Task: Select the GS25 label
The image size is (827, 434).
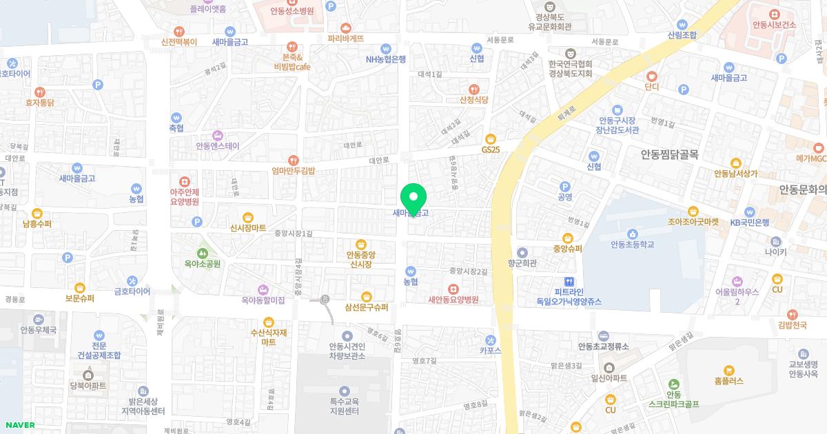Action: click(491, 149)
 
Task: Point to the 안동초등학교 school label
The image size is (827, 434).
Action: click(631, 244)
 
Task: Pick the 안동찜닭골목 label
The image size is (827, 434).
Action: click(669, 155)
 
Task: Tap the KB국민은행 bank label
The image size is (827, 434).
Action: click(750, 222)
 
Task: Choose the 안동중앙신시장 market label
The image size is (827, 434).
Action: click(360, 259)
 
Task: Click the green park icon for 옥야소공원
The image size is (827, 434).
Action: click(201, 253)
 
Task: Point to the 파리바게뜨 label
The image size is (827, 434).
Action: click(346, 39)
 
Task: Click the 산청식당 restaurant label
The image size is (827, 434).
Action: click(473, 100)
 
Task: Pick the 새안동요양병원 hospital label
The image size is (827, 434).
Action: click(453, 300)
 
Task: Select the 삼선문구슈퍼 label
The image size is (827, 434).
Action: click(367, 307)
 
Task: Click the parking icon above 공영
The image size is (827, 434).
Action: click(565, 186)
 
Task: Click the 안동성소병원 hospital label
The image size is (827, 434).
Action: click(292, 11)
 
